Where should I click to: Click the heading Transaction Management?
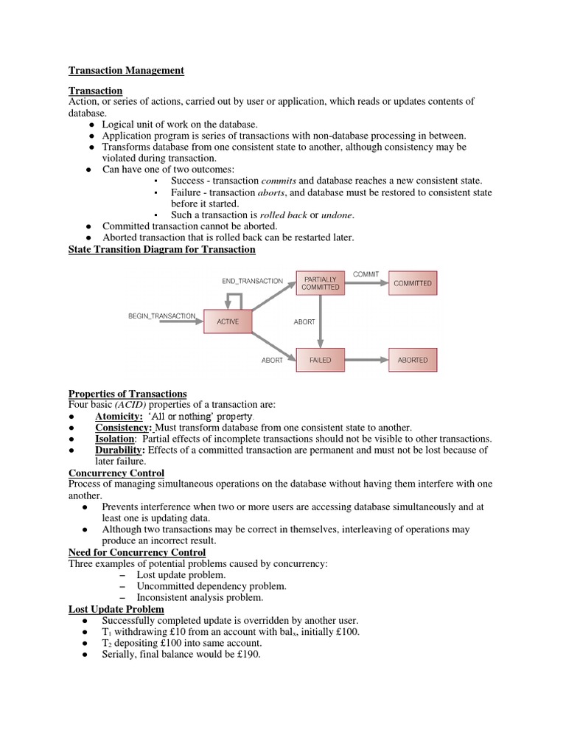tap(126, 71)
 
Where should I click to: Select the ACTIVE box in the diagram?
tap(228, 321)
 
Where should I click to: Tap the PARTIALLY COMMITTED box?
tap(321, 283)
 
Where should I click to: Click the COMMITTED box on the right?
tap(412, 283)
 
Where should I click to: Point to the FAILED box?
tap(321, 360)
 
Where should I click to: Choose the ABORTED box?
tap(412, 360)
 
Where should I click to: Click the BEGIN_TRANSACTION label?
tap(163, 316)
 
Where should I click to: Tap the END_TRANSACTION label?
tap(252, 281)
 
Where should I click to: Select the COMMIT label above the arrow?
tap(366, 274)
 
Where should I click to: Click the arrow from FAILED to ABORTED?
tap(366, 360)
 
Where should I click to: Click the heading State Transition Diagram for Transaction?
tap(161, 250)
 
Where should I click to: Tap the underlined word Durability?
tap(122, 450)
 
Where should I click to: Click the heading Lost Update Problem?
tap(116, 610)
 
